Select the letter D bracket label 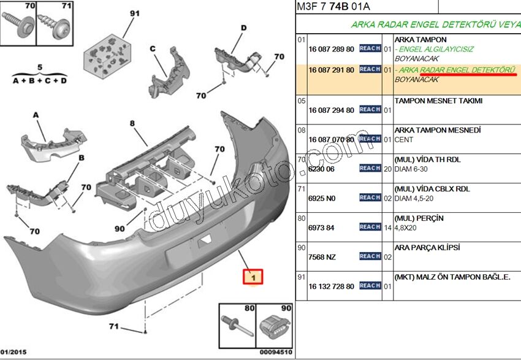243,28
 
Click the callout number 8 131,123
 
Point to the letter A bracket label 35,115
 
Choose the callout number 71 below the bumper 114,326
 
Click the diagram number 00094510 275,352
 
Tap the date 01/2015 13,352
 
